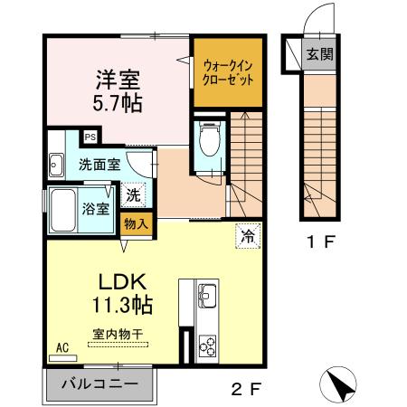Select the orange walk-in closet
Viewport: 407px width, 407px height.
point(227,71)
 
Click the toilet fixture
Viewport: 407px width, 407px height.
point(208,140)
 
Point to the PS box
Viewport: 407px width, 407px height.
point(90,137)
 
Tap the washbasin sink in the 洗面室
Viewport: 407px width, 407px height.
point(56,165)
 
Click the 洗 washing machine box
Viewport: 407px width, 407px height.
point(132,194)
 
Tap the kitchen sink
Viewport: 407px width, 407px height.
point(207,294)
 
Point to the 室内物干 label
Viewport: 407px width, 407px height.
point(117,332)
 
